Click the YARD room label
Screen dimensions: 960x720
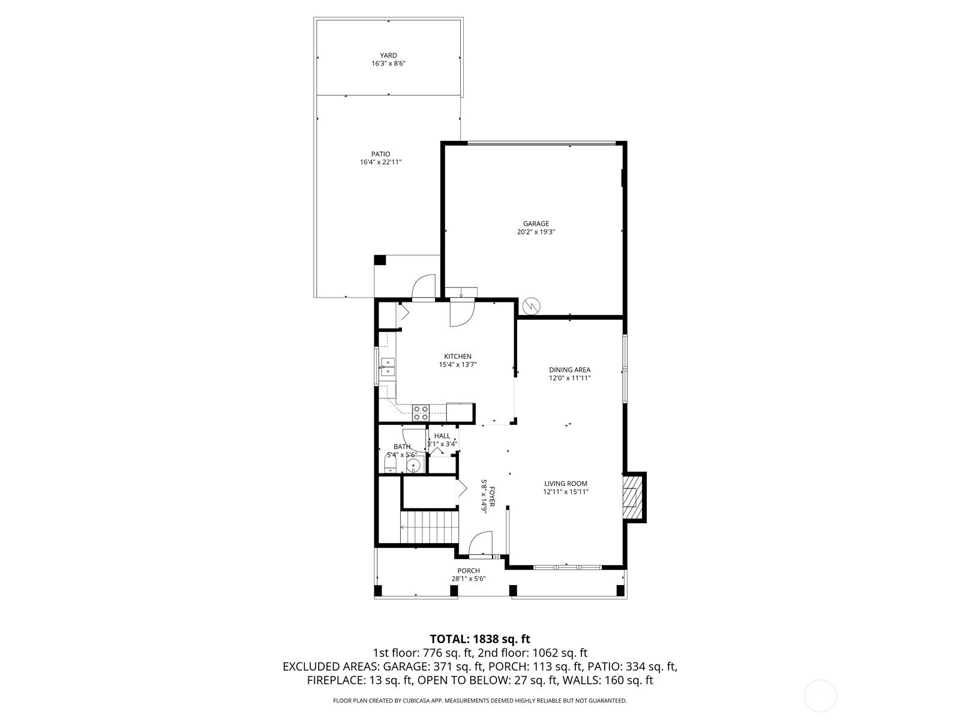388,56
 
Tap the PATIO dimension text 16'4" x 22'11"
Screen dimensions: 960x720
380,162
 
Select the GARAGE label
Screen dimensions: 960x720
536,224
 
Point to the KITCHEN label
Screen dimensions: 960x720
457,356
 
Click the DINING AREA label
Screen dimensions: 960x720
569,370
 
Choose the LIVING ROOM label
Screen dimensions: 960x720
566,484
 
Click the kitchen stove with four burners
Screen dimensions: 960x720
421,413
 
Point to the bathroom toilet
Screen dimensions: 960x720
390,463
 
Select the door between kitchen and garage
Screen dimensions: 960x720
462,314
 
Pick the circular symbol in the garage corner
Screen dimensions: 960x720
532,306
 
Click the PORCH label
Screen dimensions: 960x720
469,571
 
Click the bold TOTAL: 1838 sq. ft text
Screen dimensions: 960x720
480,639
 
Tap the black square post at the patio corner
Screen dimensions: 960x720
380,260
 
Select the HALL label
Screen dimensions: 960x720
442,436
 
